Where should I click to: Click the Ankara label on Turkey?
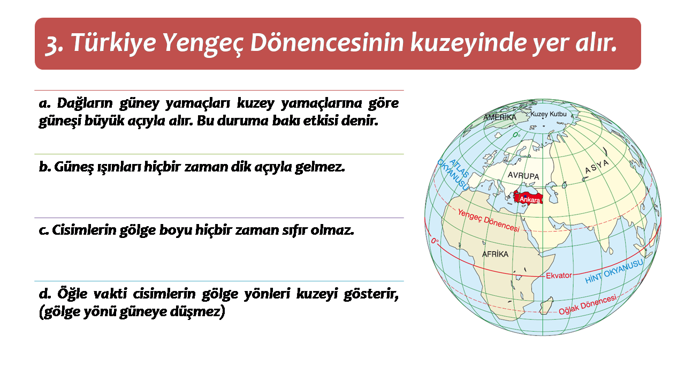click(x=530, y=200)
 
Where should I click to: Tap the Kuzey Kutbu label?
click(x=549, y=114)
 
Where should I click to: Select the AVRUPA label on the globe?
click(x=523, y=175)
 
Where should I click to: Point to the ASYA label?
click(x=597, y=167)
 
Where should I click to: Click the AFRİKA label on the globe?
click(x=495, y=254)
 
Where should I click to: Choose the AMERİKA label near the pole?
click(x=500, y=117)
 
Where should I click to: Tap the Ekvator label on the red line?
click(x=559, y=275)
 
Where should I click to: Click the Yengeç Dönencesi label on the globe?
click(x=489, y=220)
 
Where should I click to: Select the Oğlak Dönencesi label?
click(x=588, y=305)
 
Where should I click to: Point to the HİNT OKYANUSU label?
click(x=614, y=271)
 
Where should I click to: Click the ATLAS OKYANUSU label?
click(x=453, y=175)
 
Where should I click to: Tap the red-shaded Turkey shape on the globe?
click(x=528, y=197)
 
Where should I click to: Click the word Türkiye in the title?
click(x=113, y=43)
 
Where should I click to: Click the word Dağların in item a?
click(x=85, y=103)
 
